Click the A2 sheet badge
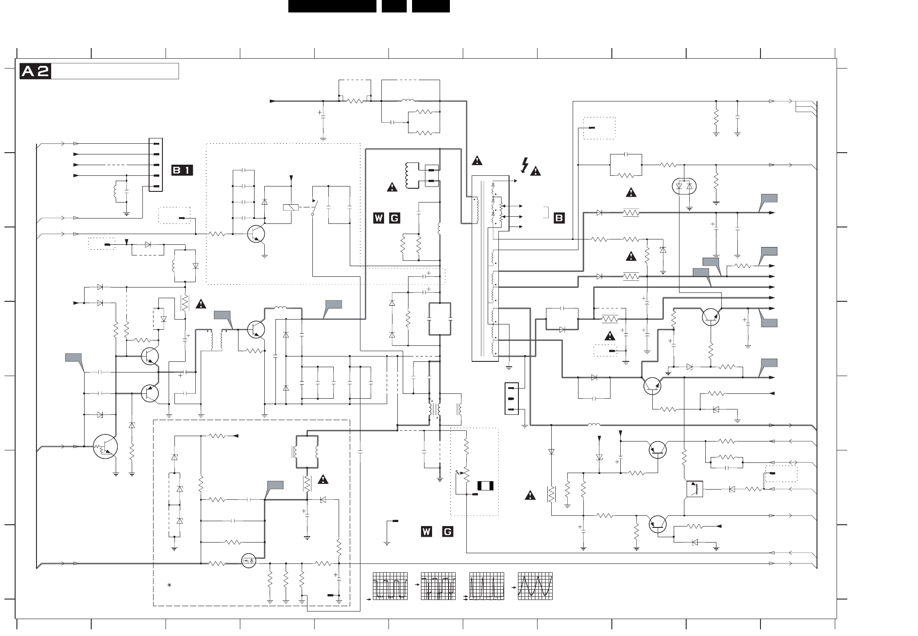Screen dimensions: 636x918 pos(35,71)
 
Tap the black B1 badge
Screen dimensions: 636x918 pos(182,170)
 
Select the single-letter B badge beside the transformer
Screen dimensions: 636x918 pos(559,218)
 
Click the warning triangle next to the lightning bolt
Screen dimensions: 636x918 pos(535,170)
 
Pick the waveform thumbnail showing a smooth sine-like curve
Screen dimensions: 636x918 pos(535,586)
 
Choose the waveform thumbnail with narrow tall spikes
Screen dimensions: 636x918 pos(487,586)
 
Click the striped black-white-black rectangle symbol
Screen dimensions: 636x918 pos(485,486)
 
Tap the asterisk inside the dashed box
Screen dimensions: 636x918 pos(170,585)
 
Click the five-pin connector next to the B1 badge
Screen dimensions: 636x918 pos(155,165)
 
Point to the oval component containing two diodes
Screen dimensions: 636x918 pos(684,186)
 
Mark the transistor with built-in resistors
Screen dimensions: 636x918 pos(105,447)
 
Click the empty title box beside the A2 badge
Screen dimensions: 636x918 pos(115,71)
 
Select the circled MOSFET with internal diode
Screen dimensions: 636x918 pos(249,561)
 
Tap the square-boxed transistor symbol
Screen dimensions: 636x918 pos(695,489)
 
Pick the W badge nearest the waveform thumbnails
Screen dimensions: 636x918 pos(426,531)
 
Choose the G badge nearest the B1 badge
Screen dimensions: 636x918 pos(394,218)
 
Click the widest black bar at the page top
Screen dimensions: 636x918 pos(332,6)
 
